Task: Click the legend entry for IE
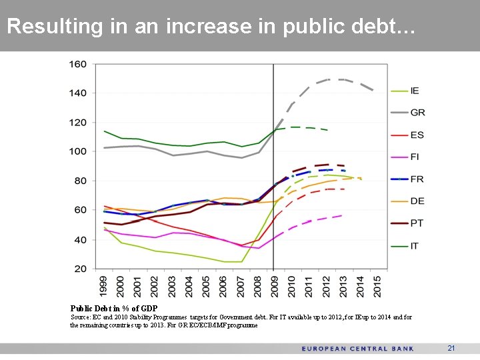tap(415, 91)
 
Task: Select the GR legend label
tap(417, 113)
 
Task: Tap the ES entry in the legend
tap(417, 135)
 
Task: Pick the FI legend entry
tap(415, 157)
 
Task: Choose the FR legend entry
tap(417, 179)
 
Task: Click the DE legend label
tap(417, 201)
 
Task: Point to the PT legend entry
tap(417, 223)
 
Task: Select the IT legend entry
tap(415, 246)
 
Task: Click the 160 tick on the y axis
tap(78, 64)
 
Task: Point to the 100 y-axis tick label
tap(78, 151)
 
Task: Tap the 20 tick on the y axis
tap(81, 269)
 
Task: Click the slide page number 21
tap(451, 348)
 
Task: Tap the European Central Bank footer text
tap(357, 349)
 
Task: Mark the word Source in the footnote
tap(81, 318)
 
